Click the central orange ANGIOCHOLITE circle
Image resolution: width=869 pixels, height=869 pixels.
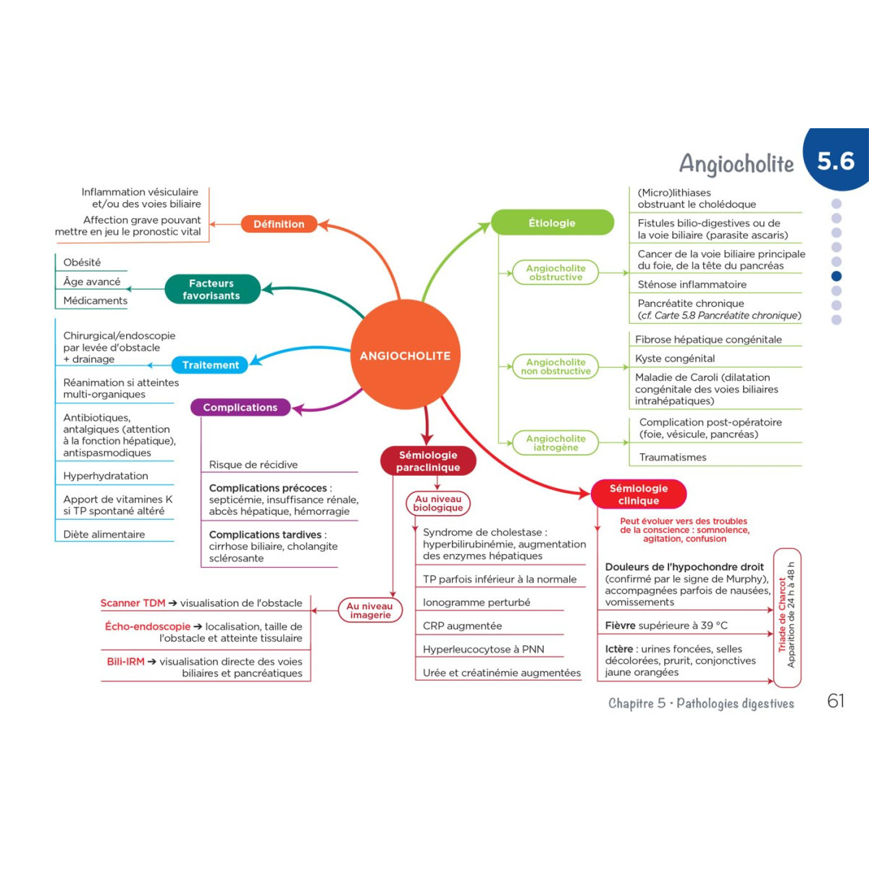405,356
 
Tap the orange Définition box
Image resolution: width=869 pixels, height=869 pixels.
279,224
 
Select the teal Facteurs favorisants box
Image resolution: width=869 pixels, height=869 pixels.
211,289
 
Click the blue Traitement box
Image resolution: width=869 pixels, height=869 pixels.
210,365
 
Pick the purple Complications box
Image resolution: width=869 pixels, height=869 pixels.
240,408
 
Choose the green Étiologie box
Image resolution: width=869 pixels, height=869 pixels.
552,223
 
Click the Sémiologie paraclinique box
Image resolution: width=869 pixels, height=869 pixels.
428,461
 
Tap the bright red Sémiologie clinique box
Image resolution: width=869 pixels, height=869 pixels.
638,494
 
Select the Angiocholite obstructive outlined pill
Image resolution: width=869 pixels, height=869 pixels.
555,272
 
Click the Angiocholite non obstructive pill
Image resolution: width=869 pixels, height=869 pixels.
555,366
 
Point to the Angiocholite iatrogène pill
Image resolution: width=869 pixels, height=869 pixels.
555,442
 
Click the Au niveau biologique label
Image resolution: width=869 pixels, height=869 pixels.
438,503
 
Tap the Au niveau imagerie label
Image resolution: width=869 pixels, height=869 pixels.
370,610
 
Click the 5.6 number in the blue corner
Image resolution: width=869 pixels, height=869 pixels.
836,161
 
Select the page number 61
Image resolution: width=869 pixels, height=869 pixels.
836,701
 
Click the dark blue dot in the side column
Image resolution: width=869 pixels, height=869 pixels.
836,276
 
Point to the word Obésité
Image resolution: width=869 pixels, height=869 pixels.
82,262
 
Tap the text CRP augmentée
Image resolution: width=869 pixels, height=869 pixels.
462,626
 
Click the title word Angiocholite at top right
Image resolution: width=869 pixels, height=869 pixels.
736,164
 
